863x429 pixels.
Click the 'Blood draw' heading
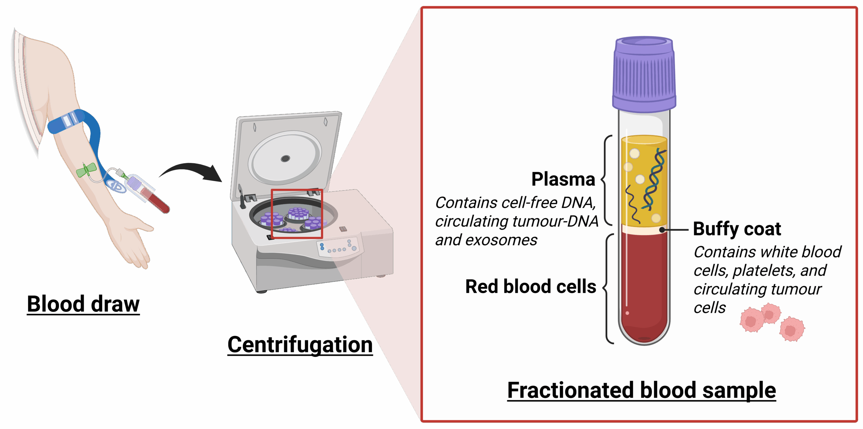pos(83,304)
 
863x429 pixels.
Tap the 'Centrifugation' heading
pos(300,345)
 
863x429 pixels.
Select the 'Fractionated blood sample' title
pos(642,390)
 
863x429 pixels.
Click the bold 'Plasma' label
pos(563,179)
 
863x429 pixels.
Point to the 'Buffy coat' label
pos(737,229)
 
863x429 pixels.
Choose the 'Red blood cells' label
pos(531,287)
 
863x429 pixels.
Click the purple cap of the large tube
pos(644,74)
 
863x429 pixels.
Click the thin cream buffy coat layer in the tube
pos(644,230)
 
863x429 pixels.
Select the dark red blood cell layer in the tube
pos(644,287)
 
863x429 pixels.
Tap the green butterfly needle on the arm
pos(86,170)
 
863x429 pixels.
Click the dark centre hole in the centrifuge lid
pos(285,159)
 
